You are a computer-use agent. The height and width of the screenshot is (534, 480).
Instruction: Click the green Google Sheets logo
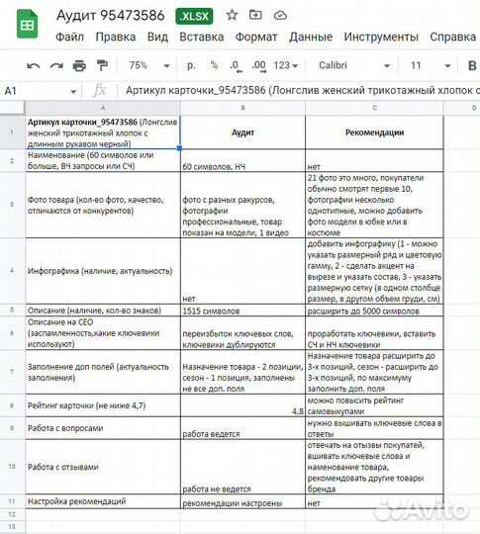tap(28, 26)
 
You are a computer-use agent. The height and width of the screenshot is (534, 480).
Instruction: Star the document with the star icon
tap(233, 16)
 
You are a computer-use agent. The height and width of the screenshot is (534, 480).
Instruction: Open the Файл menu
tap(69, 38)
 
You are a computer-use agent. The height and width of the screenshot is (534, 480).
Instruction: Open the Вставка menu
tap(201, 38)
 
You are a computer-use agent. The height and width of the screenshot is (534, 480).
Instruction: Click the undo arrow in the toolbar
tap(33, 65)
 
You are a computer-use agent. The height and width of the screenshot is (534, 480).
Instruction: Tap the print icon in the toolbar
tap(82, 65)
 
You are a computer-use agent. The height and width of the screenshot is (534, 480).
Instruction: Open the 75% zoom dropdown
tap(144, 65)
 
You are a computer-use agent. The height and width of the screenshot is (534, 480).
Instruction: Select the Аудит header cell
tap(242, 132)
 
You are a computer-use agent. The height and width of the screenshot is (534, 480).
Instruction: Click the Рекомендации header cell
tap(374, 132)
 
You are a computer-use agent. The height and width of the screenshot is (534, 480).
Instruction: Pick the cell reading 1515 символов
tap(242, 311)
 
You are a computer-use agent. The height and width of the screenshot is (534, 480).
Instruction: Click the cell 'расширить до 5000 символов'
tap(374, 311)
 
